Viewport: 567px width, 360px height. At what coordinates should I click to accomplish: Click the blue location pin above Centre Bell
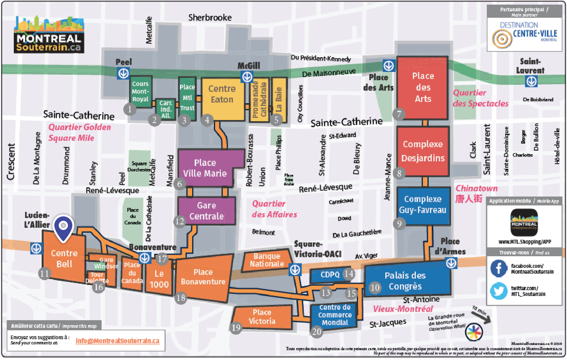point(63,227)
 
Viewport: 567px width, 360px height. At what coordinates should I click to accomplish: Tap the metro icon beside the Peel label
point(123,73)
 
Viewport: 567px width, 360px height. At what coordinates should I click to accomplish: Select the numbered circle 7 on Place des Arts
point(399,114)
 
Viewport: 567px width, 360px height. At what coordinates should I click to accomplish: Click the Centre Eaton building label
point(222,94)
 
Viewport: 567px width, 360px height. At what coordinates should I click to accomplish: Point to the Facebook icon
point(499,268)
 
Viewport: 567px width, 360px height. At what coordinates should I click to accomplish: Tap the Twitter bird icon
point(499,291)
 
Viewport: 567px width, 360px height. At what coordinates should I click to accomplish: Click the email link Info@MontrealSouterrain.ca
point(117,341)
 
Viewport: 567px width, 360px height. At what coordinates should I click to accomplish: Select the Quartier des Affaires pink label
point(274,209)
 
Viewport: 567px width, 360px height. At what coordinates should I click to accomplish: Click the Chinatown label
point(476,189)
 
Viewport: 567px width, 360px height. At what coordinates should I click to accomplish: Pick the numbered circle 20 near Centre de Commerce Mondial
point(317,332)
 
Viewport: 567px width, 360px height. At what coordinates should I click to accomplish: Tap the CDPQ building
point(330,275)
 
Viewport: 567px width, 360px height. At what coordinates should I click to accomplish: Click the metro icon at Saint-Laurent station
point(531,81)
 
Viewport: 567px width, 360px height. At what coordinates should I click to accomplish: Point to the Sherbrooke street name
point(210,18)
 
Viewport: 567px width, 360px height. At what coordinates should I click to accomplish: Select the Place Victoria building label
point(262,317)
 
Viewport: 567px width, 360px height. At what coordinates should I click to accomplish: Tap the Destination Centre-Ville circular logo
point(502,39)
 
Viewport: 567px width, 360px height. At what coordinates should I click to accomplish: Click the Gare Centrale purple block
point(207,211)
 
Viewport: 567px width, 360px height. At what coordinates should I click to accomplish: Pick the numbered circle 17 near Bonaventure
point(162,259)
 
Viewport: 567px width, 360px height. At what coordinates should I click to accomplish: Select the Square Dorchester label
point(139,167)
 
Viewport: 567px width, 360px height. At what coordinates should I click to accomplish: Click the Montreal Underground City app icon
point(524,223)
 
